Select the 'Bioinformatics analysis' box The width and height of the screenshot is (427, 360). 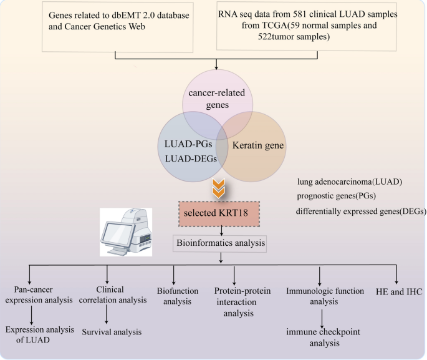pos(219,243)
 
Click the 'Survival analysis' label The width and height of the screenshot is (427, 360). pos(112,331)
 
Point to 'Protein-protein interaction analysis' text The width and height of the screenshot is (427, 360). pos(234,303)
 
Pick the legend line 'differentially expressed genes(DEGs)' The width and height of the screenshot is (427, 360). pos(361,212)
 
